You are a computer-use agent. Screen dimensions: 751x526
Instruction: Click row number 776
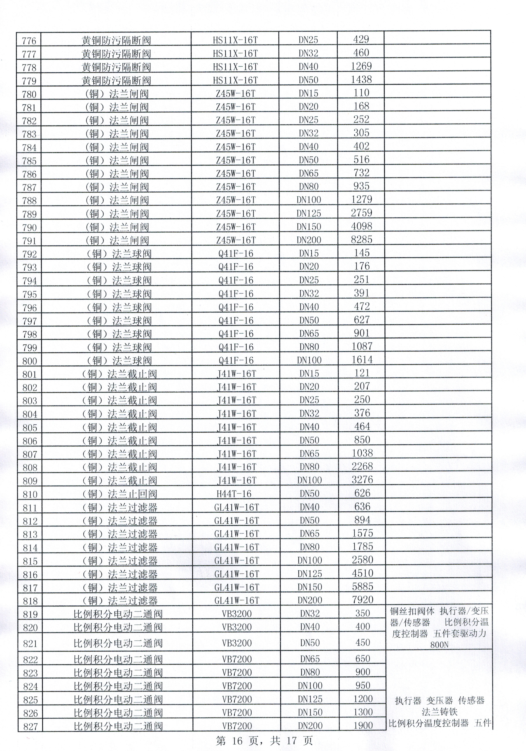(29, 41)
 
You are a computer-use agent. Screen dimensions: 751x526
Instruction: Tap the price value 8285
(362, 239)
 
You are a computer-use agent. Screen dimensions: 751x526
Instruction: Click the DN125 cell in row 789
(309, 213)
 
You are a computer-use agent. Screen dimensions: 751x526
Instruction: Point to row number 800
(30, 361)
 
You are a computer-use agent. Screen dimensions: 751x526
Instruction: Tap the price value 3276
(362, 480)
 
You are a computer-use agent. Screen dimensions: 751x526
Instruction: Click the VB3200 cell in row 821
(237, 643)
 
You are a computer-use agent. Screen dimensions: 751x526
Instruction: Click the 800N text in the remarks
(439, 645)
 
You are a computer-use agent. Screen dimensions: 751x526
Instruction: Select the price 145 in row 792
(362, 253)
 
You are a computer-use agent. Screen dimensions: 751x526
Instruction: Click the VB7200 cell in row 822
(237, 659)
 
